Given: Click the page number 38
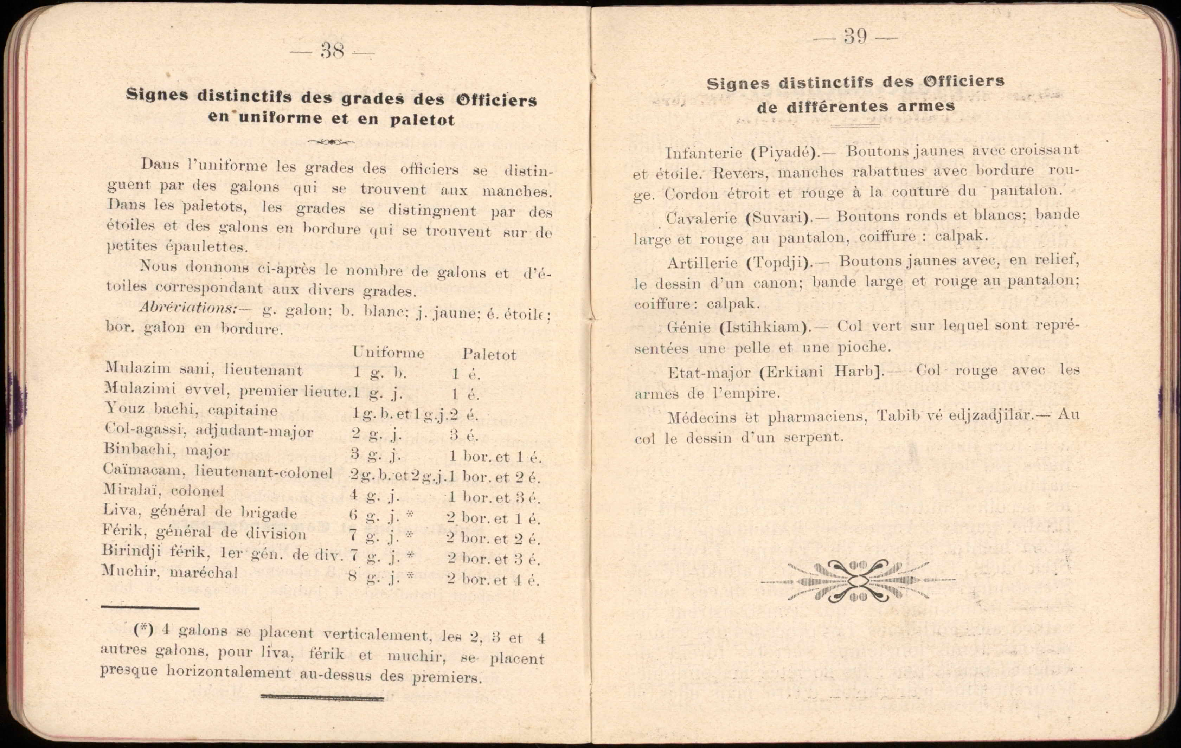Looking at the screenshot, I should point(332,51).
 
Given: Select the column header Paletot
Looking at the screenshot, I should point(489,354).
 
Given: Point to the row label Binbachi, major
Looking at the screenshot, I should point(166,450).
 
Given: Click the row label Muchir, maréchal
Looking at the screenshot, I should point(170,572).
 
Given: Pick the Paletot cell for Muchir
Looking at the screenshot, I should point(493,580).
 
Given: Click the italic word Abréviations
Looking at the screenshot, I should point(188,307).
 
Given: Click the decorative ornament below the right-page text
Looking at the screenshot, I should point(858,580).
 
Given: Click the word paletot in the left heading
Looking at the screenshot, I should point(422,120).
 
